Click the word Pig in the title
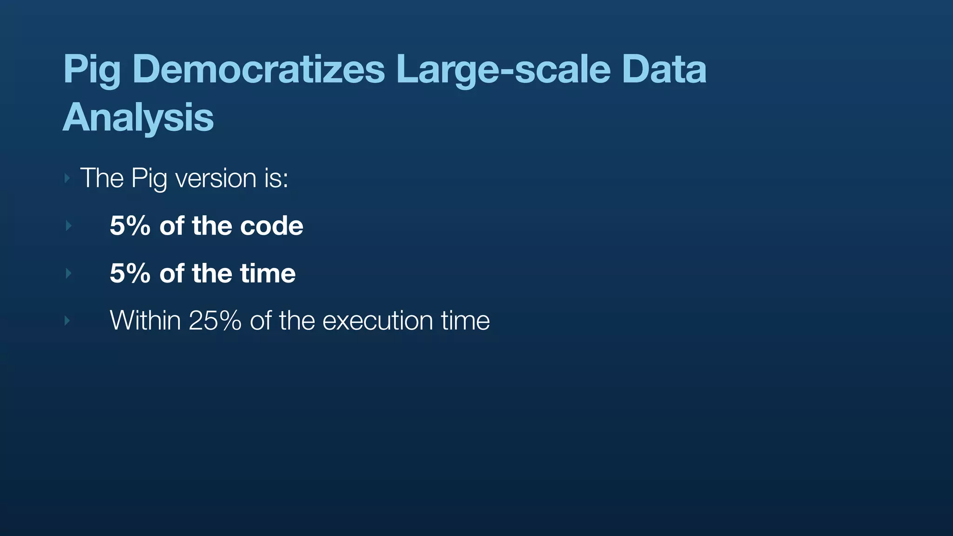pyautogui.click(x=92, y=70)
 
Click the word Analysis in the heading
pyautogui.click(x=138, y=117)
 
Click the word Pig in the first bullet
pyautogui.click(x=149, y=179)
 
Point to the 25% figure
pyautogui.click(x=215, y=321)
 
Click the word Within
pyautogui.click(x=145, y=321)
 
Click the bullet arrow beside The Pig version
pyautogui.click(x=67, y=178)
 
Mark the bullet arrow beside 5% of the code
pyautogui.click(x=68, y=226)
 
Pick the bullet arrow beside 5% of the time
pyautogui.click(x=68, y=273)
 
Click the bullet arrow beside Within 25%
pyautogui.click(x=67, y=321)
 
